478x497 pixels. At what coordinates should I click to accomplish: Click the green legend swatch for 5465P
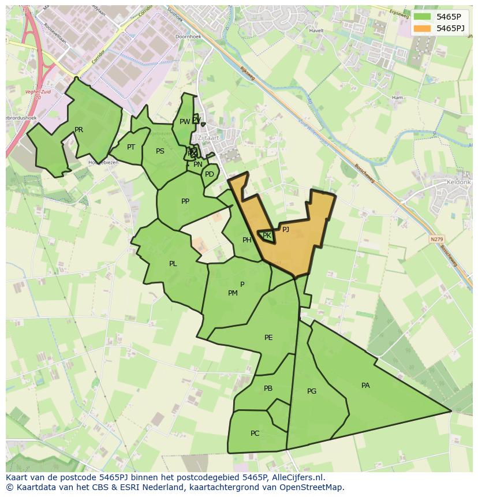423,17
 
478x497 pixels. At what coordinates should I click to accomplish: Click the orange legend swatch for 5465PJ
423,28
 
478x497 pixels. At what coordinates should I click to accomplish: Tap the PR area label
79,130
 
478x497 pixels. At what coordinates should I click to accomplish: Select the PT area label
131,147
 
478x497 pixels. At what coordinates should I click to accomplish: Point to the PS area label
160,151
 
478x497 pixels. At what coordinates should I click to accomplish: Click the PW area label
184,122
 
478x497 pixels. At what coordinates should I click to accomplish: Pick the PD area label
210,174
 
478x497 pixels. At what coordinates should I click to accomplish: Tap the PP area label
185,201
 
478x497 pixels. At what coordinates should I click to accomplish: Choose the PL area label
173,264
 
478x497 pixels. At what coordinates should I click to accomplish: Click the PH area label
247,240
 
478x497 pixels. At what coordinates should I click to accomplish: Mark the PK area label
267,236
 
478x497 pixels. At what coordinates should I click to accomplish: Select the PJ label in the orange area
285,229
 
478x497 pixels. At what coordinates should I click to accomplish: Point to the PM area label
233,293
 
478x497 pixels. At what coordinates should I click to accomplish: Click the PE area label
268,338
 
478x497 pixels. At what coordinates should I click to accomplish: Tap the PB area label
268,388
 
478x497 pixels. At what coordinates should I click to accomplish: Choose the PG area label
312,391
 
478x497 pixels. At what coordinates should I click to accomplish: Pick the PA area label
365,386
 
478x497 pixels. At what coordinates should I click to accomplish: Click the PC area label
255,434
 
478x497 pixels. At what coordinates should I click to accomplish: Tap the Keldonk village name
459,182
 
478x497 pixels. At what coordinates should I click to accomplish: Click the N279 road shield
437,238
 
